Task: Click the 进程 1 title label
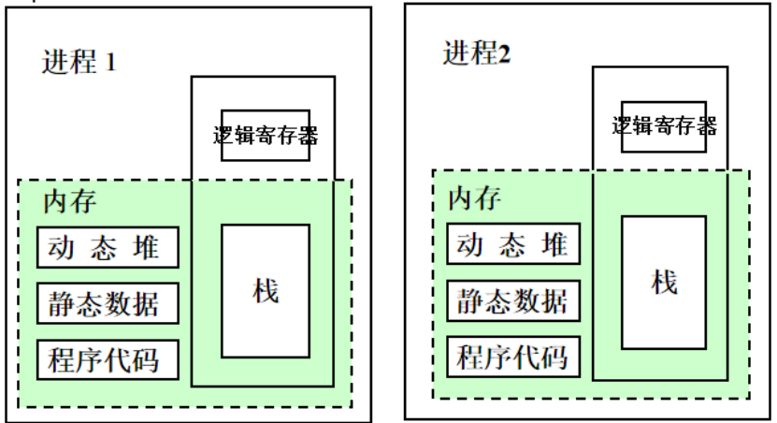(79, 62)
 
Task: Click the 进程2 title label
(477, 52)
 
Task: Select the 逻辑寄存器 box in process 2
(664, 125)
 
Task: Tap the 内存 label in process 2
(474, 198)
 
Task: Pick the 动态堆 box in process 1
(108, 247)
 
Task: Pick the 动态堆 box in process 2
(513, 244)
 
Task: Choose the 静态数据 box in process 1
(108, 303)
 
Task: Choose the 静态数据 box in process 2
(513, 300)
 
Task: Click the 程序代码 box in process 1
(108, 359)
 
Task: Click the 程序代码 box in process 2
(513, 357)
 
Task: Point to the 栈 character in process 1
(266, 290)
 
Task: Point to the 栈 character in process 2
(664, 282)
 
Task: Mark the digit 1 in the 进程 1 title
(110, 63)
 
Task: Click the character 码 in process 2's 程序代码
(554, 357)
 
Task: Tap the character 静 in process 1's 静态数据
(63, 303)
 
